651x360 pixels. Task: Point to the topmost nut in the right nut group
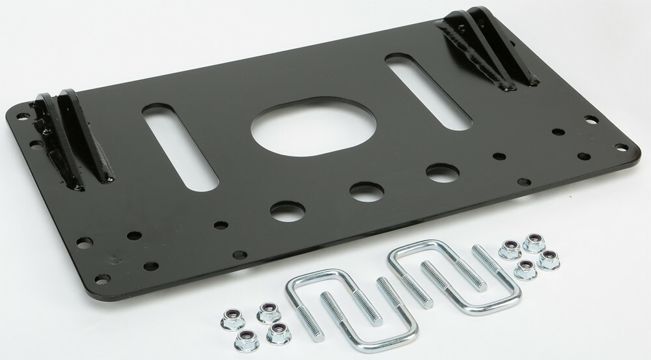point(534,241)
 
